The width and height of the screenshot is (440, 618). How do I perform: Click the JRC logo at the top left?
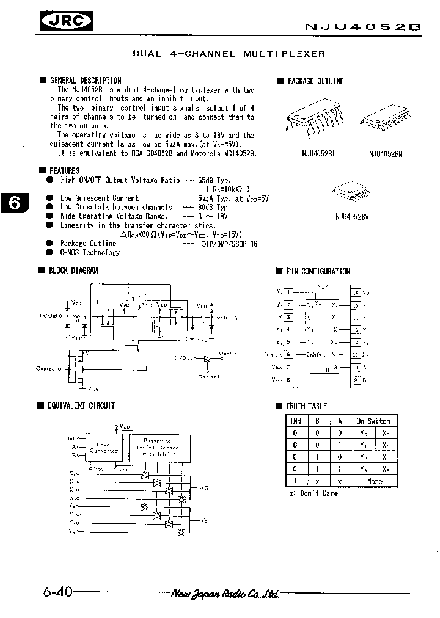click(x=67, y=23)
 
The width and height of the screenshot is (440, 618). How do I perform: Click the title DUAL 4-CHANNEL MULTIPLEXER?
click(x=229, y=54)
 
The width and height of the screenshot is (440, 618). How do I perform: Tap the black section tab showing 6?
click(x=15, y=203)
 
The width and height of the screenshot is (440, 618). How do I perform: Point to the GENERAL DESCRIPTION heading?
click(x=85, y=80)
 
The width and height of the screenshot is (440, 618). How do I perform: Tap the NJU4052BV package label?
click(x=353, y=216)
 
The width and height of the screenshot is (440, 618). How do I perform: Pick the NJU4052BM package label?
click(x=386, y=154)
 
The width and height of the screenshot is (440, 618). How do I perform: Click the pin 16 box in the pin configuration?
click(x=355, y=293)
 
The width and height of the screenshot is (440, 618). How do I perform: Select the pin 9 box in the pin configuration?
click(x=355, y=380)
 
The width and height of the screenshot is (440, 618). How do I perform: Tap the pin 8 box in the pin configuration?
click(x=288, y=380)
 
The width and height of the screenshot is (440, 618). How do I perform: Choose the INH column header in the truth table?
click(x=295, y=421)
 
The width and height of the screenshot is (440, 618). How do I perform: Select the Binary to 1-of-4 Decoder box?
click(x=157, y=448)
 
